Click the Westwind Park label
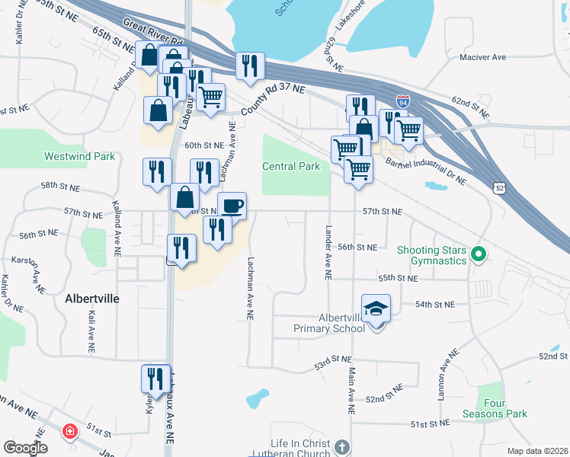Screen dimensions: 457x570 [79, 156]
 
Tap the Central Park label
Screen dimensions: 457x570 [291, 166]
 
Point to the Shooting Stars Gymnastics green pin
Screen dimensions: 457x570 [479, 254]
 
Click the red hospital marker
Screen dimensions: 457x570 [70, 432]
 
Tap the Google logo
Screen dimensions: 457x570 [26, 448]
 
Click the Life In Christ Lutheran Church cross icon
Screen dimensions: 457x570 [341, 446]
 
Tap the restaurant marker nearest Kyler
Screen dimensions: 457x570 [155, 379]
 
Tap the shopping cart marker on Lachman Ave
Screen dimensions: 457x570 [210, 97]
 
